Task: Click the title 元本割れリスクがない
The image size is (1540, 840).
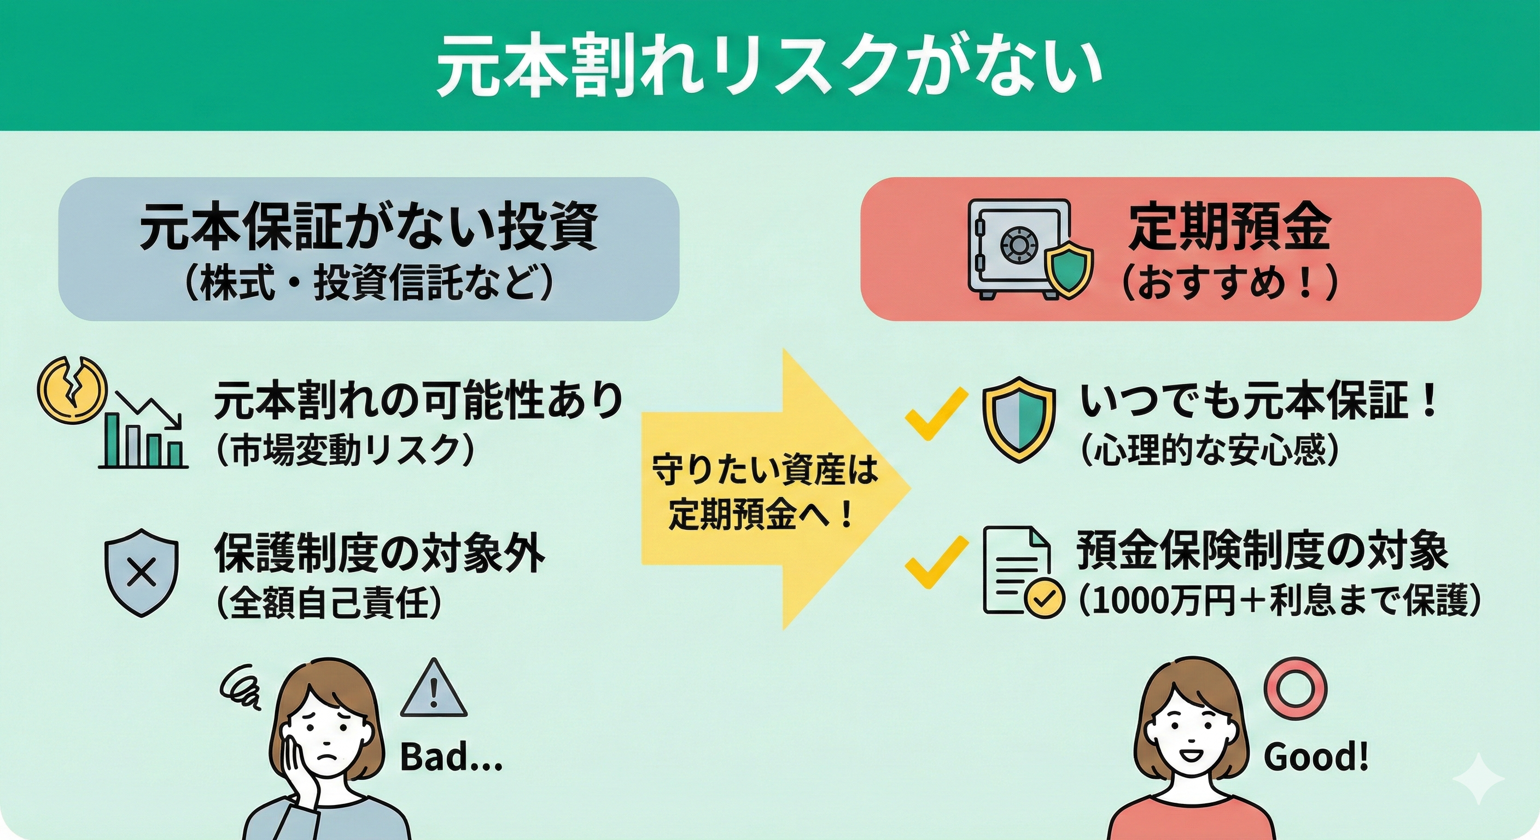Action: pos(769,67)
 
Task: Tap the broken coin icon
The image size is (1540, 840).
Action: pos(71,387)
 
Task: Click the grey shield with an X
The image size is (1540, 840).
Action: pos(142,571)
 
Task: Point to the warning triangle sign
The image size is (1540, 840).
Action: pos(434,687)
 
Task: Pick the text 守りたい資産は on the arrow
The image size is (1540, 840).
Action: pos(765,469)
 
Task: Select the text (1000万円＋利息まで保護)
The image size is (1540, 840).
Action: pos(1280,600)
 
